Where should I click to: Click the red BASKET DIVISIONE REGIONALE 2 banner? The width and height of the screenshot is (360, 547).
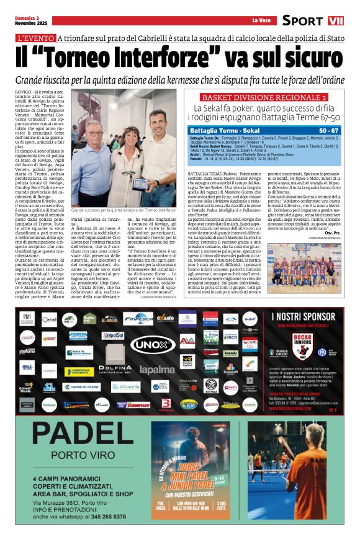pyautogui.click(x=264, y=98)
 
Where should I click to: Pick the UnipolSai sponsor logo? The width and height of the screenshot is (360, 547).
pyautogui.click(x=113, y=336)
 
